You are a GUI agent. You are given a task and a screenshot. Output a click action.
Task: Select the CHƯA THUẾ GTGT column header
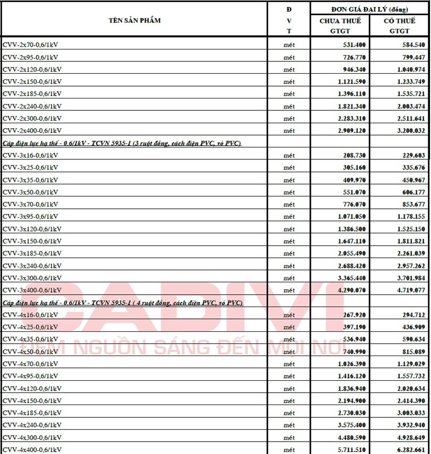coord(340,26)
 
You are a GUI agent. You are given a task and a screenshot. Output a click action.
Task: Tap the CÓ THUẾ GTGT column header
coord(400,26)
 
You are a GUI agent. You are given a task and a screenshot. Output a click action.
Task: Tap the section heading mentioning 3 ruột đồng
coord(122,143)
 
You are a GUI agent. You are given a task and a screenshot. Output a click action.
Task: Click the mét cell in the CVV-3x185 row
coord(289,253)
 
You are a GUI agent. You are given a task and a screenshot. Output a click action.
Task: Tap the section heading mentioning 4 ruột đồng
coord(123,303)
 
